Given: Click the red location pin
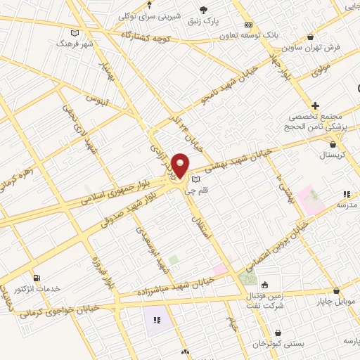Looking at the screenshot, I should [180, 166].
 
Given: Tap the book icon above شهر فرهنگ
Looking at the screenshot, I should [75, 32].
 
